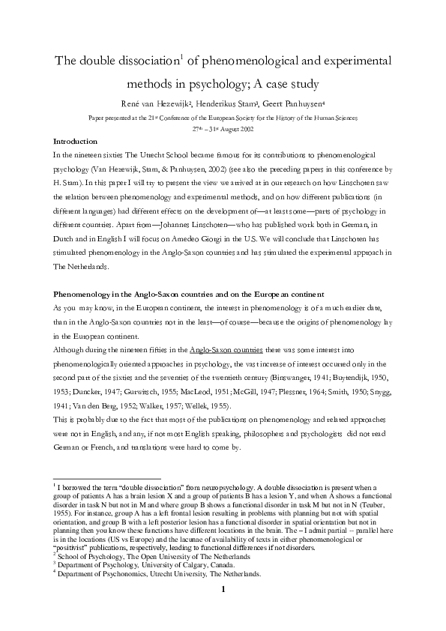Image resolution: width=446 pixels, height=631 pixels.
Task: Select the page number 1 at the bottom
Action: tap(223, 612)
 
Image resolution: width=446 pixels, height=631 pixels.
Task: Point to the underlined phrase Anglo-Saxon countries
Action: tap(226, 348)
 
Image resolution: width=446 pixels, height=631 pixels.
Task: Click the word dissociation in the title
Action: tap(159, 60)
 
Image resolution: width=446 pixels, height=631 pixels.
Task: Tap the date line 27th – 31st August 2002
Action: tap(223, 129)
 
